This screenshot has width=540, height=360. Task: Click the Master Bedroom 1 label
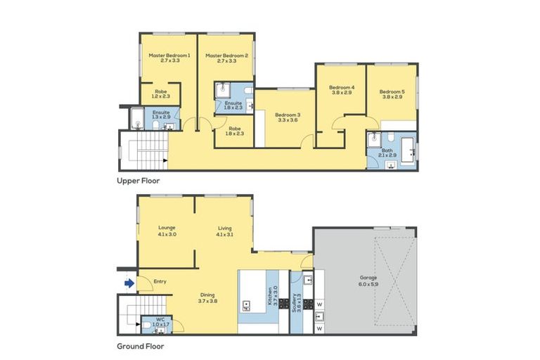(169, 58)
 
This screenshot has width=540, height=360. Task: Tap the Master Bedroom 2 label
(226, 58)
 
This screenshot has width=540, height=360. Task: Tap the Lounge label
(167, 231)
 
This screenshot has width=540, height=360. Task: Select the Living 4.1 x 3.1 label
(225, 231)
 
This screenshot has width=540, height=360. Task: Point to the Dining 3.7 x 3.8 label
(207, 297)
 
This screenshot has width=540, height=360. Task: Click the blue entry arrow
(129, 283)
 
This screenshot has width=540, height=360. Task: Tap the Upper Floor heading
(138, 181)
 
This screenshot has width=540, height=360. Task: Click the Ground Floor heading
(141, 346)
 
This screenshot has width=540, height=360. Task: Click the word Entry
(160, 282)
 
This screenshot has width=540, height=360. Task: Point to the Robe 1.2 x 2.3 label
(161, 94)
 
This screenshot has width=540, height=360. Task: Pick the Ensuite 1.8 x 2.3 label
(233, 105)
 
